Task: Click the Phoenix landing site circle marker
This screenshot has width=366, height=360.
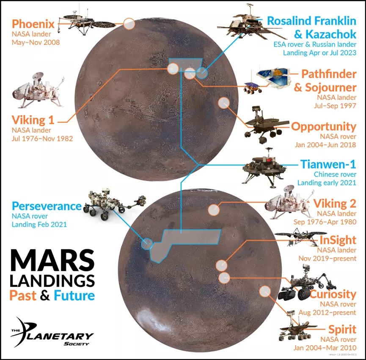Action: pos(129,24)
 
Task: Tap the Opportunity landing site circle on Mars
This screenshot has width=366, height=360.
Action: pos(224,103)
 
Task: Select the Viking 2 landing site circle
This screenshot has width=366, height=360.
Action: pos(214,210)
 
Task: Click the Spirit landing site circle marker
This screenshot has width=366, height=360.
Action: pos(265,291)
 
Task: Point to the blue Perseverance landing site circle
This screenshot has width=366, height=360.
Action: pos(147,244)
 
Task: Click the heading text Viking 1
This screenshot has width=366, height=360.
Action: pos(33,120)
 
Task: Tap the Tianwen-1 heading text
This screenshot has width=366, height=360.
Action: pos(328,164)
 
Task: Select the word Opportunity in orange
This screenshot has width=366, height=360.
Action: pos(324,127)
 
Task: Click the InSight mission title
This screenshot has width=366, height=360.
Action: pos(338,240)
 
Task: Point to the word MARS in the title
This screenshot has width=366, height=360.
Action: pos(52,261)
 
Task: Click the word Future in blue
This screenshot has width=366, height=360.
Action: pos(74,295)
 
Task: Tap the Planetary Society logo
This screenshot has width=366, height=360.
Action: pos(52,332)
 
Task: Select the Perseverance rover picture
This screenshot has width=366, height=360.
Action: pos(115,204)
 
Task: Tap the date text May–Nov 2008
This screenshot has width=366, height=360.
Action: pos(36,42)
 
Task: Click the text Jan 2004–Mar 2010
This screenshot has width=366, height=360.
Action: pos(325,348)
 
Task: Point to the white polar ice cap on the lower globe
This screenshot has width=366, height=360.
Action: pos(152,320)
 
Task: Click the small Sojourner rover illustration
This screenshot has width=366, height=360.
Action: pos(252,88)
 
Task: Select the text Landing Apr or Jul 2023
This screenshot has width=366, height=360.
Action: pos(319,53)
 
